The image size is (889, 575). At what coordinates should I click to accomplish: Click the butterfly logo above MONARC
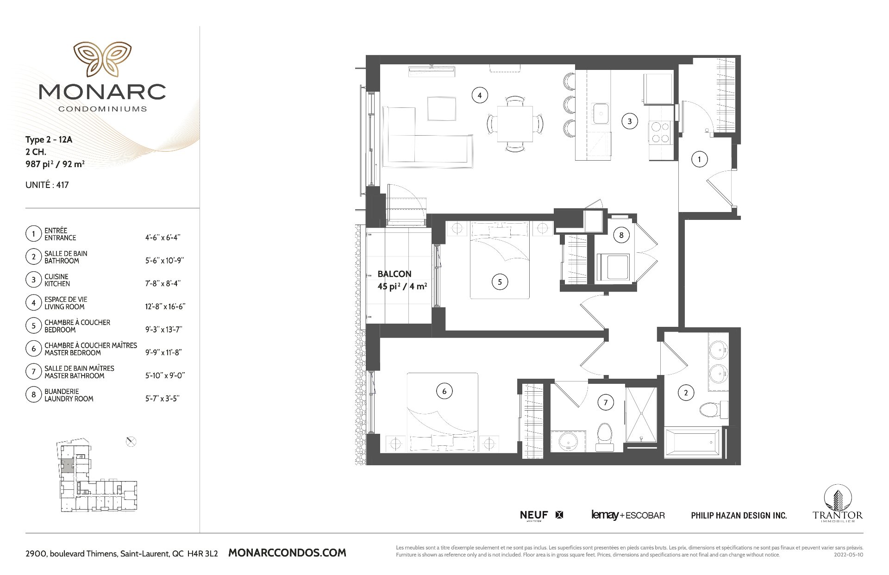tap(102, 59)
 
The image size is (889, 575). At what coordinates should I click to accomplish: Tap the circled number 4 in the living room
tap(479, 95)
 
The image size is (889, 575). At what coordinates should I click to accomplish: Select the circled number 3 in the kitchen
tap(629, 121)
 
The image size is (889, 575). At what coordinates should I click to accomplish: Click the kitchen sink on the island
tap(601, 113)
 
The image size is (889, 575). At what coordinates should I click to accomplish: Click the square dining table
tap(514, 124)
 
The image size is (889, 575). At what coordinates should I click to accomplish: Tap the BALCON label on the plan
tap(394, 274)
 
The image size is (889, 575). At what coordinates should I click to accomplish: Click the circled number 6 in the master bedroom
tap(444, 391)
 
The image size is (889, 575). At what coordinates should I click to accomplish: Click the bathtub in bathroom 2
tap(692, 442)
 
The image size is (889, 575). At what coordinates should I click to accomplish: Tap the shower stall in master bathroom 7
tap(641, 415)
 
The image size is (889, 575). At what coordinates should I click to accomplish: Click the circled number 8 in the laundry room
tap(621, 235)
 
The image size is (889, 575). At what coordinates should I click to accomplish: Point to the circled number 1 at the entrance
tap(699, 160)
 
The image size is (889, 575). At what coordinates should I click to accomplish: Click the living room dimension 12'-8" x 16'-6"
tap(165, 306)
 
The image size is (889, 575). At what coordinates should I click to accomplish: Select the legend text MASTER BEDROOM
tap(73, 353)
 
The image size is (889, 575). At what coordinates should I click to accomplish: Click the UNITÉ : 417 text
tap(47, 185)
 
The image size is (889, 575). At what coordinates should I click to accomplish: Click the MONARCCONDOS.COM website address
tap(287, 553)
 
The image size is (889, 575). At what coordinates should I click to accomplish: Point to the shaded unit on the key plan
tap(68, 466)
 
